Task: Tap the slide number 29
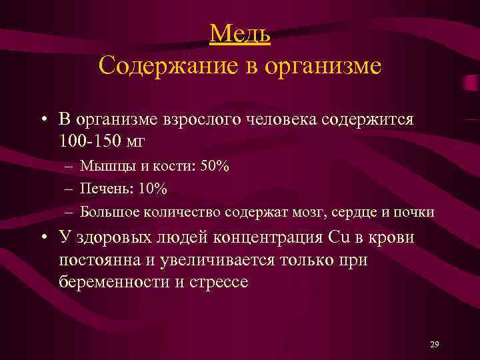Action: (x=435, y=344)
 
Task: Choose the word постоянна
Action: (x=102, y=260)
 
